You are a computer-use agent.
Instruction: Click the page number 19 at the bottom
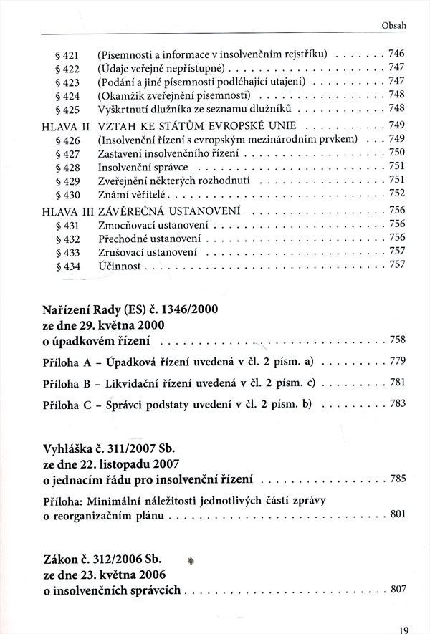pyautogui.click(x=403, y=629)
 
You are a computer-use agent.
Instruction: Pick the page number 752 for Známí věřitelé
pyautogui.click(x=397, y=193)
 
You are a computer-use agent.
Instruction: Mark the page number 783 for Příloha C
pyautogui.click(x=397, y=403)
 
